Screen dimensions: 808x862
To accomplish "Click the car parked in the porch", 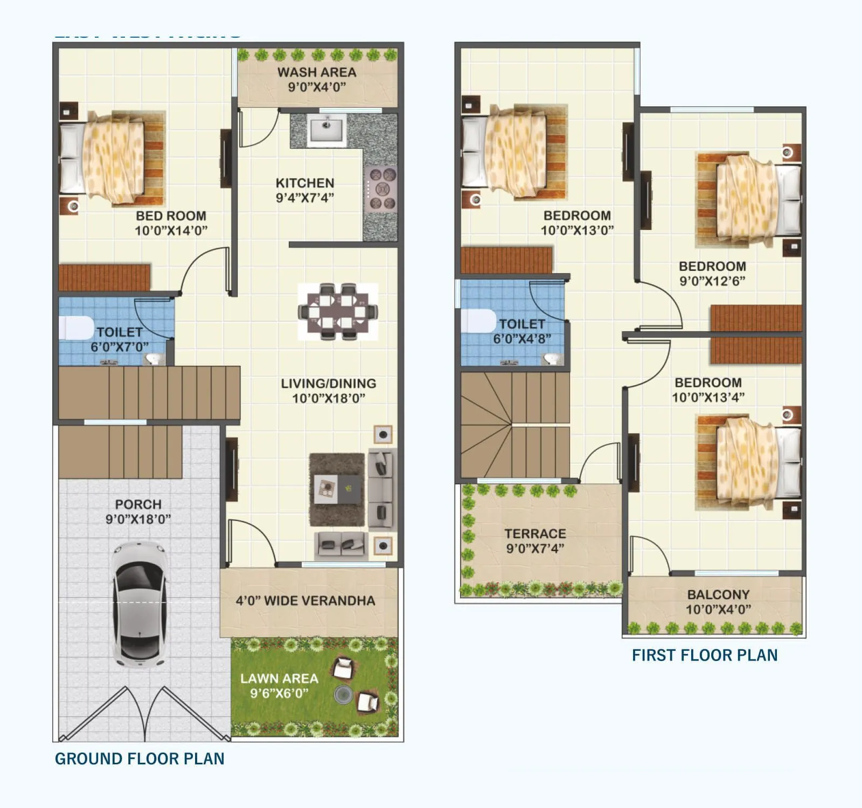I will [138, 604].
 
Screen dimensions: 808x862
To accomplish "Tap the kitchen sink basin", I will [326, 129].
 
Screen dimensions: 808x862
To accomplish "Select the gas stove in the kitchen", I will [381, 189].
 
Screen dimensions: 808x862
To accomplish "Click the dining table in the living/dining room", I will [338, 312].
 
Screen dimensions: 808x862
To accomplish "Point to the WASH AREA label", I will [316, 72].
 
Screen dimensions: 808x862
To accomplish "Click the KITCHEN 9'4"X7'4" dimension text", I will [305, 198].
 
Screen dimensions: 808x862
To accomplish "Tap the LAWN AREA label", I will [279, 679].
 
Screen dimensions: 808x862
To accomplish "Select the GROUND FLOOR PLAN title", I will [140, 758].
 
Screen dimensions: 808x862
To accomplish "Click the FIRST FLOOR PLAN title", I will [705, 655].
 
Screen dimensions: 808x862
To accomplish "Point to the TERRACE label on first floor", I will [535, 534].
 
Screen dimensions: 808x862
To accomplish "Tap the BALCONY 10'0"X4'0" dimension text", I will [718, 609].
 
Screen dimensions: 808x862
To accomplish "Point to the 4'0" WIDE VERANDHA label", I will [305, 601].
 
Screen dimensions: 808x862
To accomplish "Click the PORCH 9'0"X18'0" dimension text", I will [138, 519].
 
